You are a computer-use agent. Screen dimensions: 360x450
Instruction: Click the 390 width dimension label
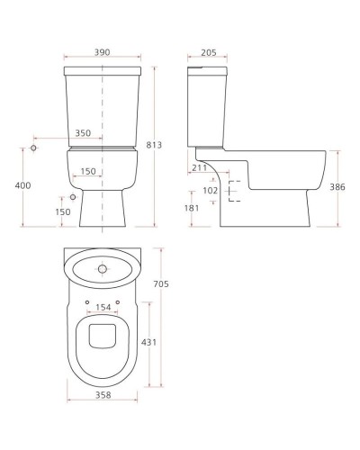click(103, 52)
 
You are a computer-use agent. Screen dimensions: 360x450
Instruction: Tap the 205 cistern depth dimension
click(209, 53)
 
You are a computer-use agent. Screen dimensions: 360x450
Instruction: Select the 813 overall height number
click(154, 145)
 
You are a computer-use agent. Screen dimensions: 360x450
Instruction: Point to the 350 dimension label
click(83, 133)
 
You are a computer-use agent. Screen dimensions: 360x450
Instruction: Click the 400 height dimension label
click(22, 185)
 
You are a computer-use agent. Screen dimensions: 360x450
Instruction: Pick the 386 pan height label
click(337, 187)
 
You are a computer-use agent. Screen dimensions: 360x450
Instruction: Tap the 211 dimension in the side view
click(200, 167)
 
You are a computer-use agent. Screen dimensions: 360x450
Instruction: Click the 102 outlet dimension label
click(211, 191)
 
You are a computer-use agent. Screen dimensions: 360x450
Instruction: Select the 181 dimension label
click(192, 208)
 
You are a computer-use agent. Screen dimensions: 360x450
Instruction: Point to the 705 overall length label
click(161, 283)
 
